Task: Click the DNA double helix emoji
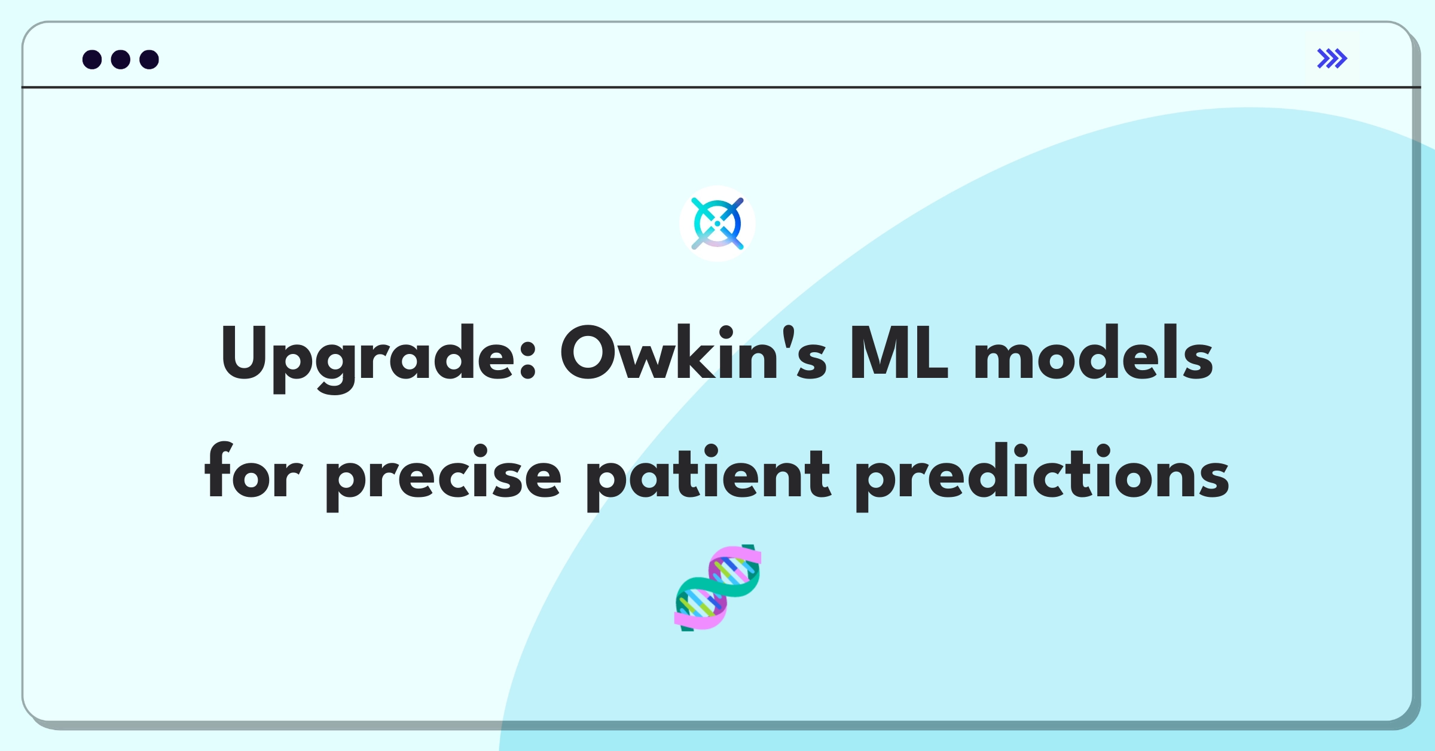pyautogui.click(x=717, y=588)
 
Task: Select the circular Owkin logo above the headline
pyautogui.click(x=717, y=224)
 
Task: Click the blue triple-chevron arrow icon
pyautogui.click(x=1332, y=59)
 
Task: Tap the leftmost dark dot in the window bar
pyautogui.click(x=92, y=59)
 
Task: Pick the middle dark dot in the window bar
pyautogui.click(x=121, y=59)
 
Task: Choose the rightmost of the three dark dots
pyautogui.click(x=149, y=59)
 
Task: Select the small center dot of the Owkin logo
pyautogui.click(x=717, y=224)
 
